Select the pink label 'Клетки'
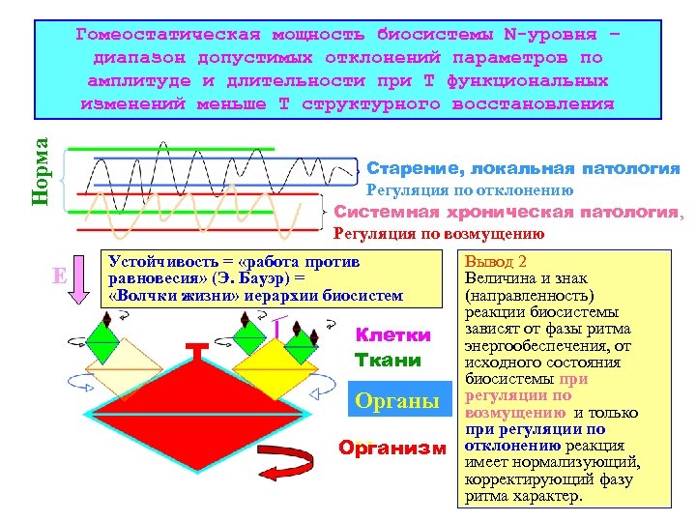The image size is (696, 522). click(393, 335)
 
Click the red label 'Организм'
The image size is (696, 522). click(392, 448)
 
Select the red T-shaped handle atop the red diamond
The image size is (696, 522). click(198, 350)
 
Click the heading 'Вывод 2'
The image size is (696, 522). click(495, 262)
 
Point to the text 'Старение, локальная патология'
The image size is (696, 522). click(523, 169)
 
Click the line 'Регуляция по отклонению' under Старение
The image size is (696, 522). click(470, 190)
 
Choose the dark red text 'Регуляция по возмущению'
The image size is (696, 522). click(438, 233)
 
